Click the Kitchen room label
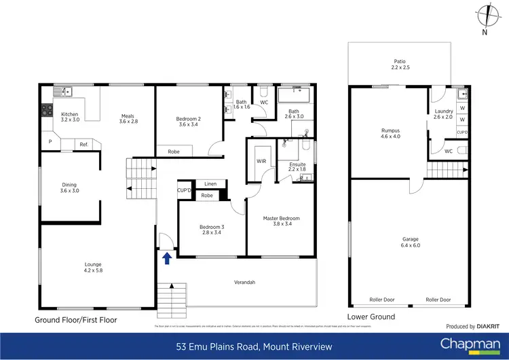pos(70,114)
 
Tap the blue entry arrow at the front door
pos(166,257)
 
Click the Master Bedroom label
pos(281,218)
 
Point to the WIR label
pos(261,161)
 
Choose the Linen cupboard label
pos(210,184)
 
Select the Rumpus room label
pos(390,130)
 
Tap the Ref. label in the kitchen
pos(83,144)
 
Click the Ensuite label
pos(297,164)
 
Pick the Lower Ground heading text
pos(371,317)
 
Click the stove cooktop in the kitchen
pos(47,109)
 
